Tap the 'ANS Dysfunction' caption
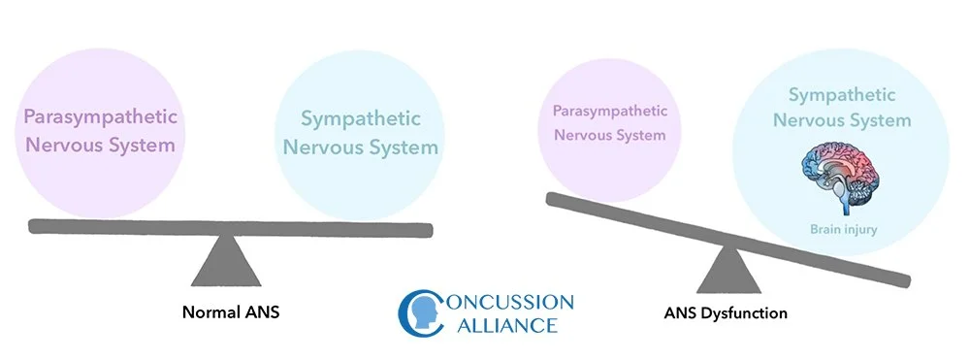pyautogui.click(x=727, y=313)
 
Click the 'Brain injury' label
pyautogui.click(x=842, y=230)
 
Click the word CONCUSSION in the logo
pyautogui.click(x=502, y=302)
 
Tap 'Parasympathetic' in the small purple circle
pyautogui.click(x=610, y=110)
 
